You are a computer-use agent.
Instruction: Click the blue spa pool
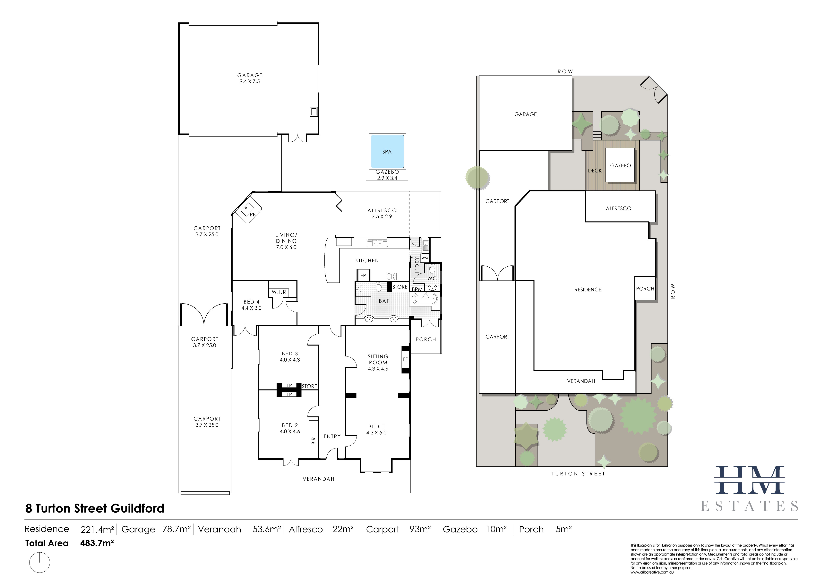coord(387,151)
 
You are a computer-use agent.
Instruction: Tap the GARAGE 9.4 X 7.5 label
coord(250,78)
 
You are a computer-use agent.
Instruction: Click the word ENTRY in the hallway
coord(332,436)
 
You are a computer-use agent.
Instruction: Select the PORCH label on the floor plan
coord(426,339)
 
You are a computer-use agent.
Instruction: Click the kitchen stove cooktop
coord(392,276)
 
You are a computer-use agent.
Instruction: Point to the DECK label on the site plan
coord(595,171)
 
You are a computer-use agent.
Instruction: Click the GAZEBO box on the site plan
coord(620,165)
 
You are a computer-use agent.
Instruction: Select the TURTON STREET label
coord(578,474)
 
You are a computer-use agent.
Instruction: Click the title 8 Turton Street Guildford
coord(95,508)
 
